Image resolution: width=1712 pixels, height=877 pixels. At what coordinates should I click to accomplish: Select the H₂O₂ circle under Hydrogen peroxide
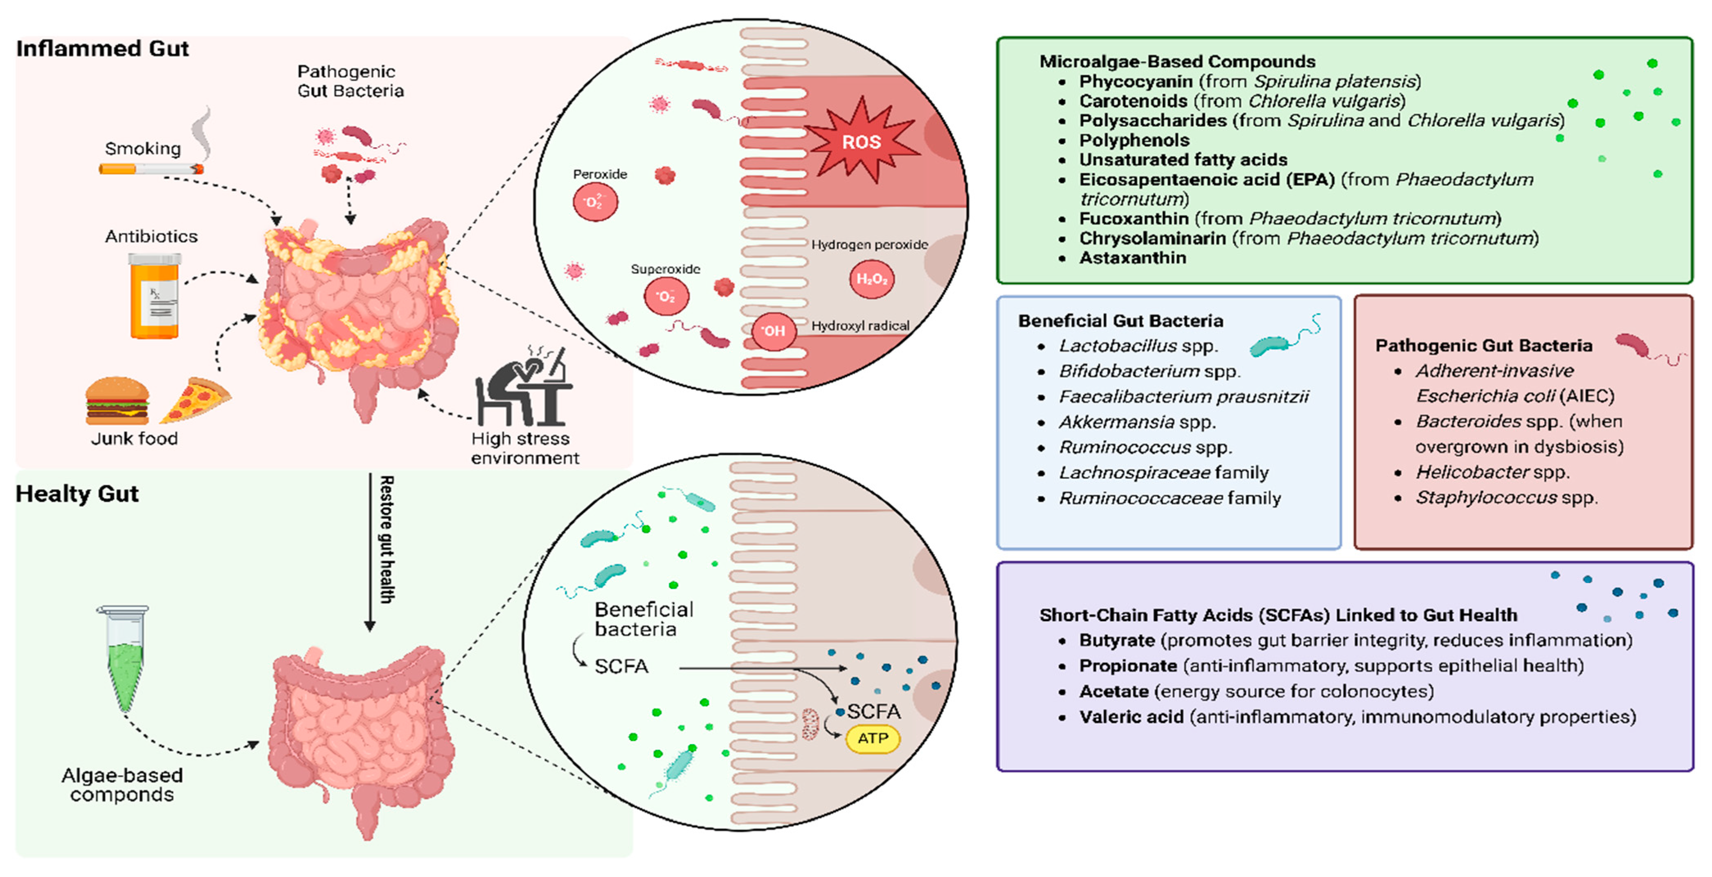(871, 279)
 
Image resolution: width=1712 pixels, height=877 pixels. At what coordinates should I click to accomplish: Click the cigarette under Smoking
(151, 169)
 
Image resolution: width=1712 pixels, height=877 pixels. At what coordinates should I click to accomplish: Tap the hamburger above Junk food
(117, 401)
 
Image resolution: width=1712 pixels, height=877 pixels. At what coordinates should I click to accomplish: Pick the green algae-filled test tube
(123, 658)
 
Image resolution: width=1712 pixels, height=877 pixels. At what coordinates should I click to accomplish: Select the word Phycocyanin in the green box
(1135, 81)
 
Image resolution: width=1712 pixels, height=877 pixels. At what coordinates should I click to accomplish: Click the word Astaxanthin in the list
(1132, 258)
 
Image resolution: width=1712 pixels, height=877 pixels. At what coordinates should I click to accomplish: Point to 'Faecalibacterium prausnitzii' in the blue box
(1183, 397)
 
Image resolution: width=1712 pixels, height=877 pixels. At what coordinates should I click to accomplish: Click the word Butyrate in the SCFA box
(1116, 640)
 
